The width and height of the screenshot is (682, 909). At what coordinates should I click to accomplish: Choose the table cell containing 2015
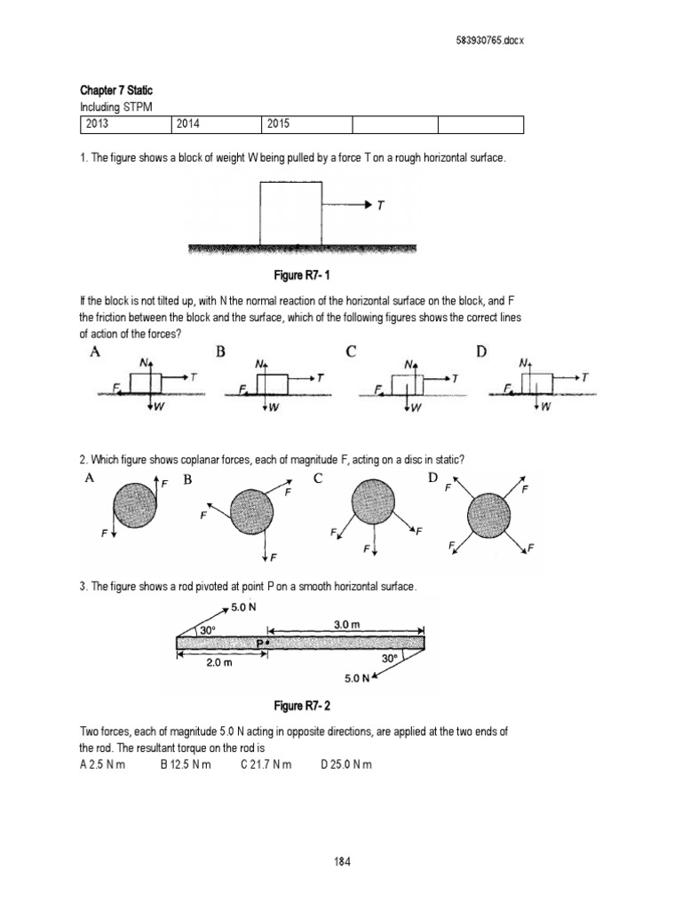point(305,124)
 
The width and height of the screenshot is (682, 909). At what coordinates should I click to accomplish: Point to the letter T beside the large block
point(381,205)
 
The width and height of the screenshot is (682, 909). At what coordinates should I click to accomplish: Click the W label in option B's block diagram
point(274,407)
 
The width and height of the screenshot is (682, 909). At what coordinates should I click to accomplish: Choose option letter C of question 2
point(318,479)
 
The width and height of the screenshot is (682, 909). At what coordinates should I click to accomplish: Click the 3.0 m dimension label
point(345,624)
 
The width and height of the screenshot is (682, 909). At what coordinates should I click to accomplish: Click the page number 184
point(340,860)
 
